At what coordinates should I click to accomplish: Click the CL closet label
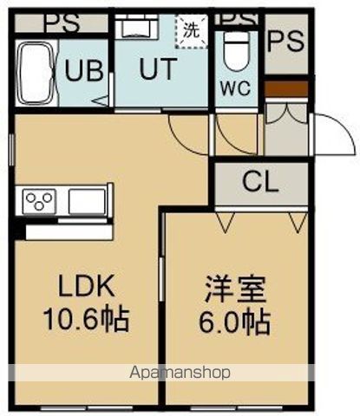coord(259,182)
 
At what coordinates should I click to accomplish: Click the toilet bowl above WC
coord(235,55)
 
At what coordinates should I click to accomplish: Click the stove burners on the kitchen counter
coord(39,202)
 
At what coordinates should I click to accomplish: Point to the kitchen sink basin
coord(86,202)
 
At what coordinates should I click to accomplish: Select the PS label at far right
coord(285,41)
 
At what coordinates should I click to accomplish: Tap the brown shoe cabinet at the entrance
coord(285,88)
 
